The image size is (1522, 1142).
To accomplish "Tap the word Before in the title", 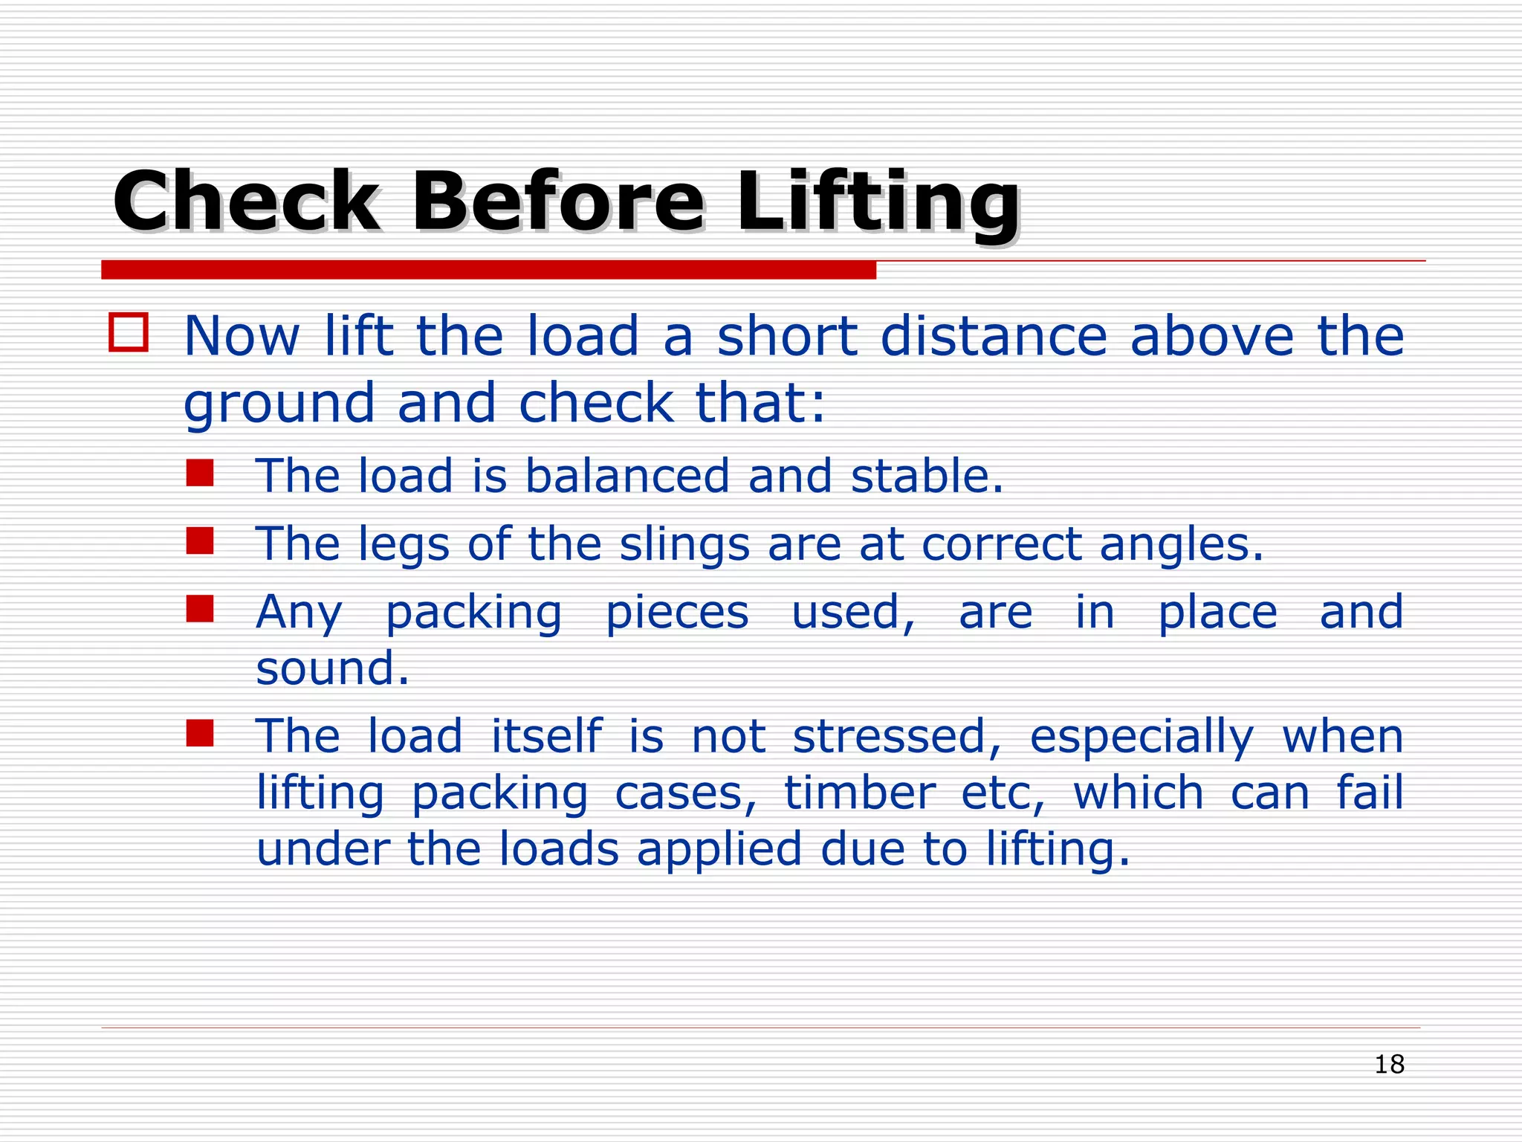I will pos(557,201).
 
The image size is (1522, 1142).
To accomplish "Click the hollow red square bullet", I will pos(129,332).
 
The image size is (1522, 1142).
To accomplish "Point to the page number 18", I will pos(1389,1065).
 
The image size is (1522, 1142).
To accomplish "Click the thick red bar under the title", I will pos(488,270).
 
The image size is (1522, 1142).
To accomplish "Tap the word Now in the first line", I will pos(242,336).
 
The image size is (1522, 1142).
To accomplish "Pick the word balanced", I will pos(627,476).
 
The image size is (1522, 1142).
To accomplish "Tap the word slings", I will pos(684,545).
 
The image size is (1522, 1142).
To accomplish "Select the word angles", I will pos(1181,545).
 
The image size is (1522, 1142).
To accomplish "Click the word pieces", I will pos(677,614).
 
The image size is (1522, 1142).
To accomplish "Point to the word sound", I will pos(332,668).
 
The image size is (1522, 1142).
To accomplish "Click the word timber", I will pos(860,793).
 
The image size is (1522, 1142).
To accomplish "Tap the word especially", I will pos(1141,738).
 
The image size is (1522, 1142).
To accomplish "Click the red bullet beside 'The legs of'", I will pos(200,541).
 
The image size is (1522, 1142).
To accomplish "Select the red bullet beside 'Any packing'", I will pos(200,609).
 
